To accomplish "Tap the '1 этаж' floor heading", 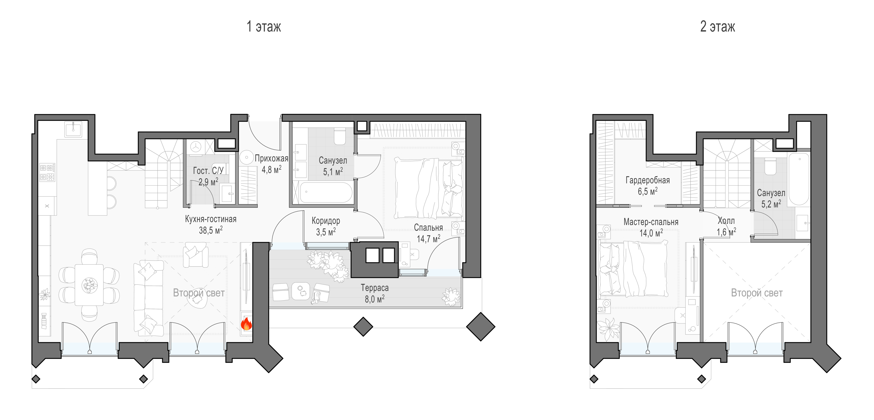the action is [x=264, y=26].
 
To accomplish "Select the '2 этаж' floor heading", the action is [x=718, y=26].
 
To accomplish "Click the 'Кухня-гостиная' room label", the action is [x=211, y=219].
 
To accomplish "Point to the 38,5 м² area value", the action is [x=211, y=230].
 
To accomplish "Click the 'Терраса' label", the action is [x=375, y=288].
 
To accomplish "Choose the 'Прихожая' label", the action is [x=271, y=158].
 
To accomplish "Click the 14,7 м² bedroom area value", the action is [x=428, y=239].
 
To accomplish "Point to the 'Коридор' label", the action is [x=326, y=221].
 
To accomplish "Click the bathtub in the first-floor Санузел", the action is [x=326, y=192].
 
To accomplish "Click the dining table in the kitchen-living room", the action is [x=89, y=285].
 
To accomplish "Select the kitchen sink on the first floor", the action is [x=73, y=129].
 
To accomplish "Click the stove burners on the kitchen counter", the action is [x=47, y=172].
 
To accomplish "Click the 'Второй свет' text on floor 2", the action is [x=757, y=293].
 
